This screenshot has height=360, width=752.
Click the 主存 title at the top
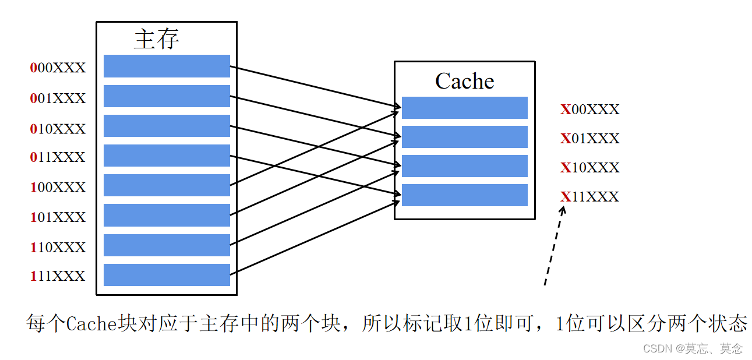pos(156,39)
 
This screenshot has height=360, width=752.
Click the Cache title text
pos(464,81)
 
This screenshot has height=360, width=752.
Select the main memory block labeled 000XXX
pos(167,66)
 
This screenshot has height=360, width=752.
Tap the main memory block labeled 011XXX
pos(167,156)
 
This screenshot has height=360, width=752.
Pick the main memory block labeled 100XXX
pos(167,185)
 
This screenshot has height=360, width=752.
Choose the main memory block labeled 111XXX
pos(167,275)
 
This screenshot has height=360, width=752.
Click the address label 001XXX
pos(58,98)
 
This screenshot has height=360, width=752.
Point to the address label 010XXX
pos(58,128)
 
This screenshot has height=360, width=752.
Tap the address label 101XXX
pos(58,217)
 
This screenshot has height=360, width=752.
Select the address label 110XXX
pos(58,247)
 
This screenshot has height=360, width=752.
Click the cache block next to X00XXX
pos(464,108)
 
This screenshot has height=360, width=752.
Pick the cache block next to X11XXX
pos(464,195)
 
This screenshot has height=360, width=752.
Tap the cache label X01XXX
pos(590,139)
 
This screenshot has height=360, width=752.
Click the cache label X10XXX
pos(590,168)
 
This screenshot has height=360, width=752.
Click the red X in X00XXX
pos(565,110)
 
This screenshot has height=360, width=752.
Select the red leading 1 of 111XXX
pos(33,276)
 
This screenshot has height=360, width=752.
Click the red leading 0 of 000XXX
pos(33,68)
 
